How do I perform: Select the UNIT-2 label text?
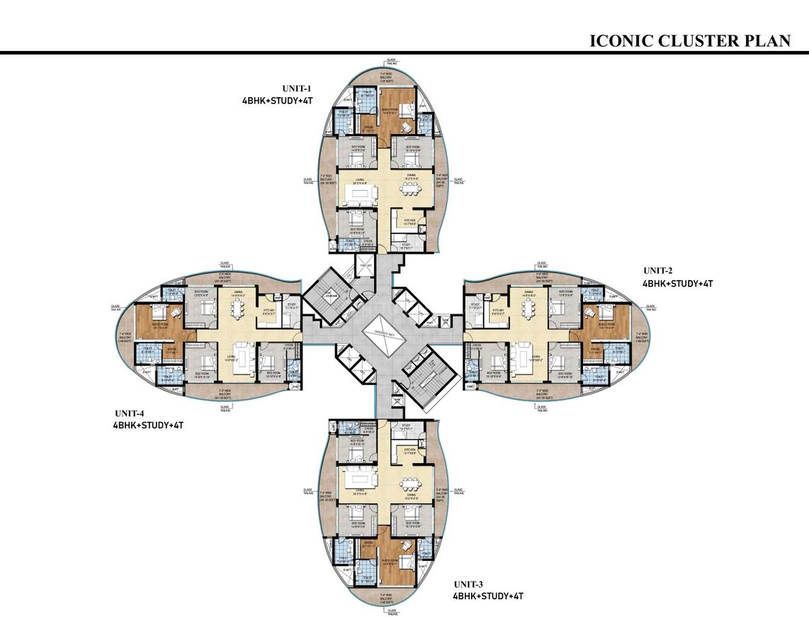(x=657, y=270)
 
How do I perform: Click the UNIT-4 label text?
(x=131, y=413)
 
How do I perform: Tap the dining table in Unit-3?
(x=412, y=484)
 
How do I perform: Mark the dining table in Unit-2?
(x=528, y=306)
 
